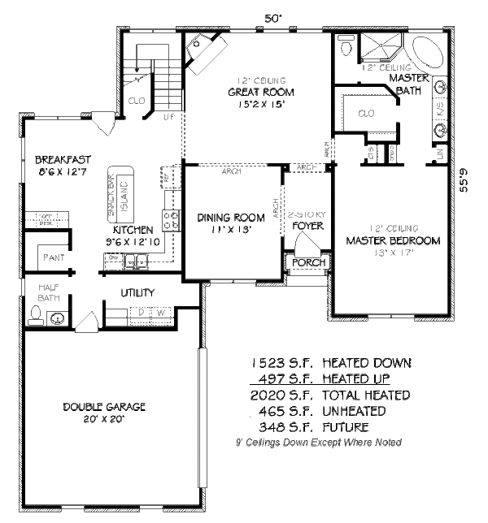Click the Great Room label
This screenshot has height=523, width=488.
(x=260, y=92)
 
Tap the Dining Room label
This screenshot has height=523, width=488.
(x=231, y=217)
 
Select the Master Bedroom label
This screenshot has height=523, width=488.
(x=393, y=240)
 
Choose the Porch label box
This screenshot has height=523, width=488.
(x=309, y=262)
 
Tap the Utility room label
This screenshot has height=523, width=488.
(x=138, y=292)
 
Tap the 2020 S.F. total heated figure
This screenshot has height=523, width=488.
(x=280, y=395)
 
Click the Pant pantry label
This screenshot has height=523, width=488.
(x=48, y=259)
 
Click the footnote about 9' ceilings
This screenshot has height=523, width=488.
(x=317, y=443)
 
